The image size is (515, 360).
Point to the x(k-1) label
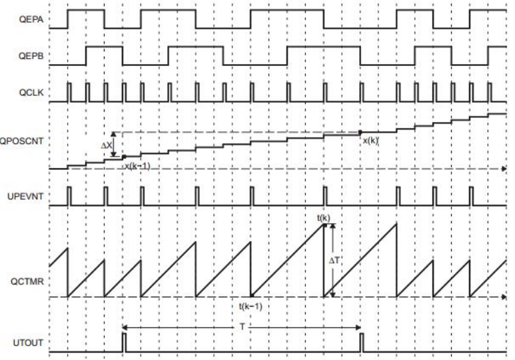pyautogui.click(x=137, y=167)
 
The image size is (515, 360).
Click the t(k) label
pyautogui.click(x=324, y=218)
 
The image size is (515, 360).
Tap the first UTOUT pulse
pyautogui.click(x=124, y=343)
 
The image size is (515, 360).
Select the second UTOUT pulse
pyautogui.click(x=360, y=343)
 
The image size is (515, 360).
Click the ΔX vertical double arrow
pyautogui.click(x=113, y=144)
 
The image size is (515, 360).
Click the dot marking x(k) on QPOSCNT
pyautogui.click(x=360, y=133)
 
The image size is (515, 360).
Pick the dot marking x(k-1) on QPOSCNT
pyautogui.click(x=124, y=157)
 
